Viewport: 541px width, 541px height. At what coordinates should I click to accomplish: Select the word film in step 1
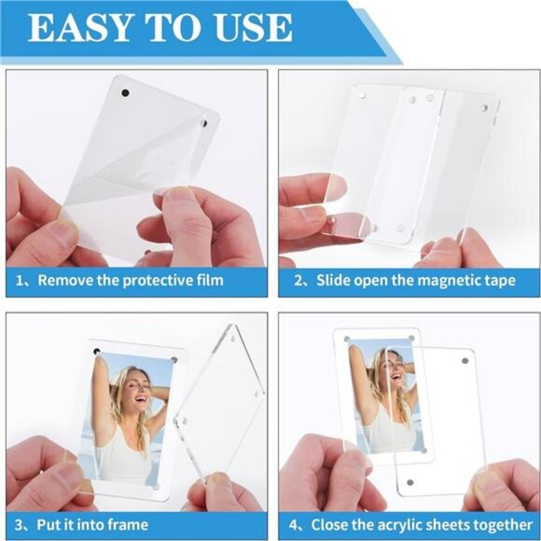click(x=207, y=280)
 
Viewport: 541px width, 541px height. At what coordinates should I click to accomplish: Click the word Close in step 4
click(x=332, y=525)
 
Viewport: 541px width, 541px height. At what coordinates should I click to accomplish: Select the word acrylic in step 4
click(x=409, y=525)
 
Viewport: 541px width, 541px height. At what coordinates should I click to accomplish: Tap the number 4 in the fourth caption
click(x=293, y=525)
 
